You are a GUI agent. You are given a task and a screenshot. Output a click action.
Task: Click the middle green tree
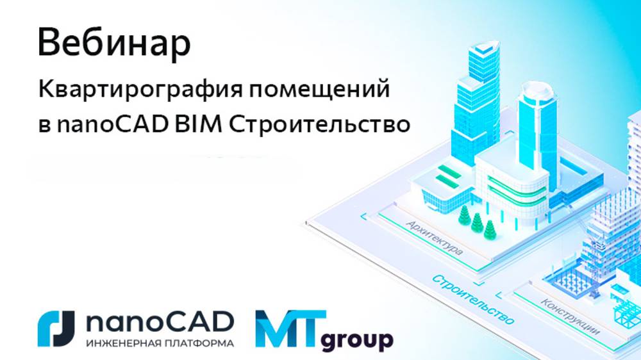click(476, 222)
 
